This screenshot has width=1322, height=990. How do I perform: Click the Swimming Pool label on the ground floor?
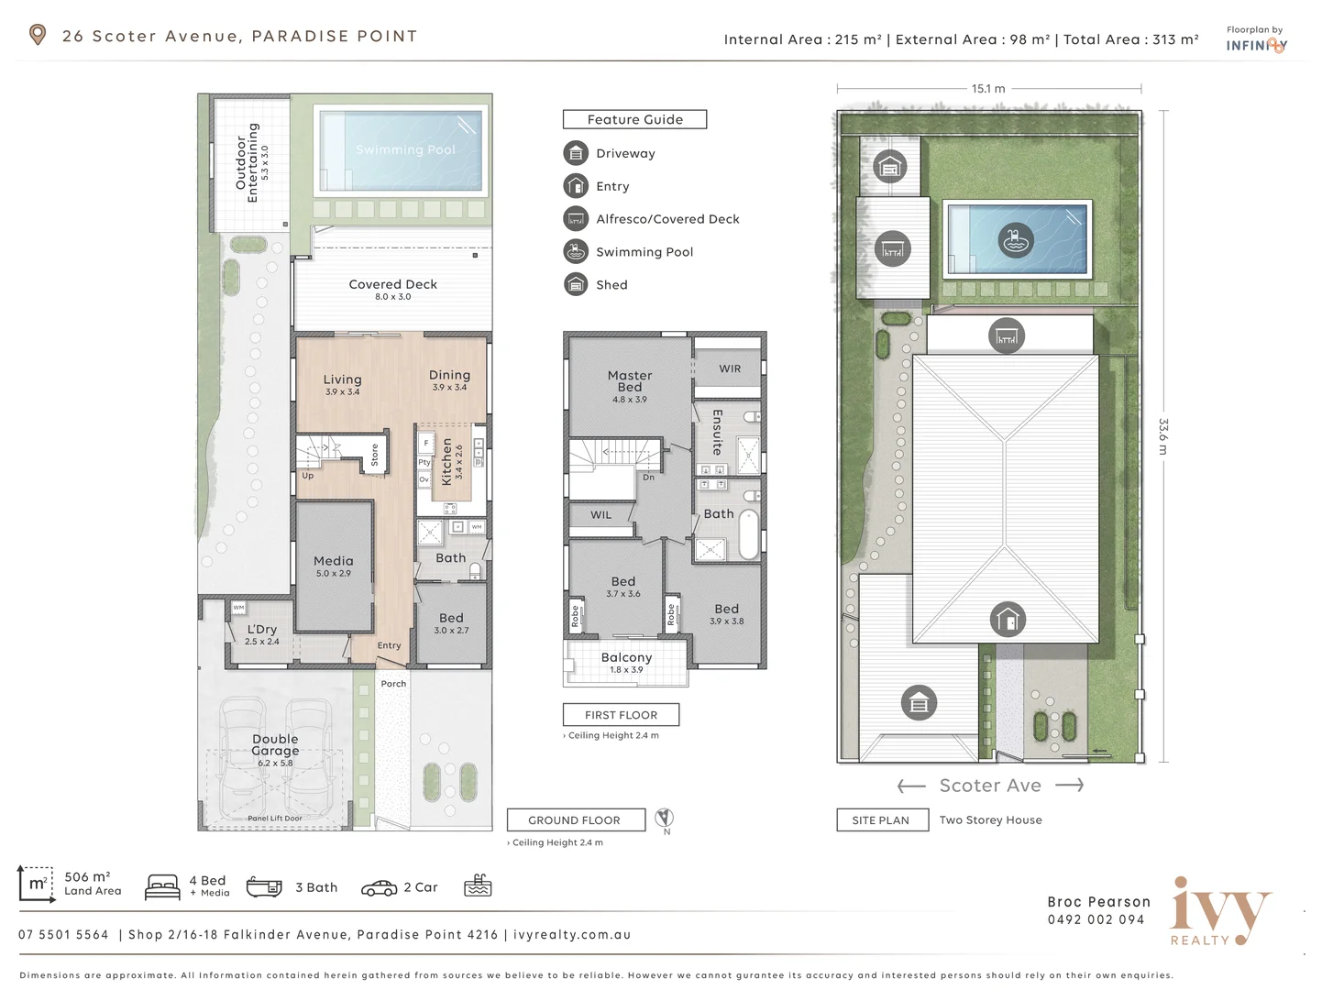coord(404,149)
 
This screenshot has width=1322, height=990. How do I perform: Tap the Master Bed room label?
coord(630,381)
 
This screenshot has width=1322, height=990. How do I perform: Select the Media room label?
coord(333,561)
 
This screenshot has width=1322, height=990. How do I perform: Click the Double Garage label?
coord(275,744)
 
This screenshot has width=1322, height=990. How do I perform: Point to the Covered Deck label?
coord(392,284)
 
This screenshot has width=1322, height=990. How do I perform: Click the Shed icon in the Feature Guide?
coord(576,284)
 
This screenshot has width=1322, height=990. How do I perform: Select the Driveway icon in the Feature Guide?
coord(576,153)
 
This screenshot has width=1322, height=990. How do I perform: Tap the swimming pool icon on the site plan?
coord(1015,241)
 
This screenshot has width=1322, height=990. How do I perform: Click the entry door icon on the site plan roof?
coord(1008,621)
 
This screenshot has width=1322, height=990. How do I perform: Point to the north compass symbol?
coord(666,818)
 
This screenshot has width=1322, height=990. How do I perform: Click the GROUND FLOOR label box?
coord(575,820)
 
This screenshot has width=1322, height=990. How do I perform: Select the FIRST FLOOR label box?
coord(621,715)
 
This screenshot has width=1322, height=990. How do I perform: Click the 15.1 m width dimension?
coord(988,89)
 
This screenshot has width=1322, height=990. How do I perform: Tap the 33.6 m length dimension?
coord(1163,436)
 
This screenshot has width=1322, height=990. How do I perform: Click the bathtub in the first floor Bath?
coord(748,533)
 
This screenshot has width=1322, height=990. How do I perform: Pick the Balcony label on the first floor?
coord(626,657)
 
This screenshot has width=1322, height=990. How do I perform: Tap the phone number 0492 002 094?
coord(1096,919)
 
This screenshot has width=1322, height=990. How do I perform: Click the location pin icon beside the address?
coord(38,35)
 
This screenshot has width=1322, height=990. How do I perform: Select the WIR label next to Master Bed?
coord(730,368)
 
